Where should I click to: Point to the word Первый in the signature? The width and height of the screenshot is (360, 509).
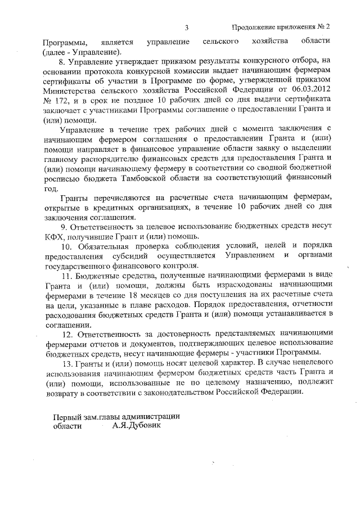pyautogui.click(x=66, y=416)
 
